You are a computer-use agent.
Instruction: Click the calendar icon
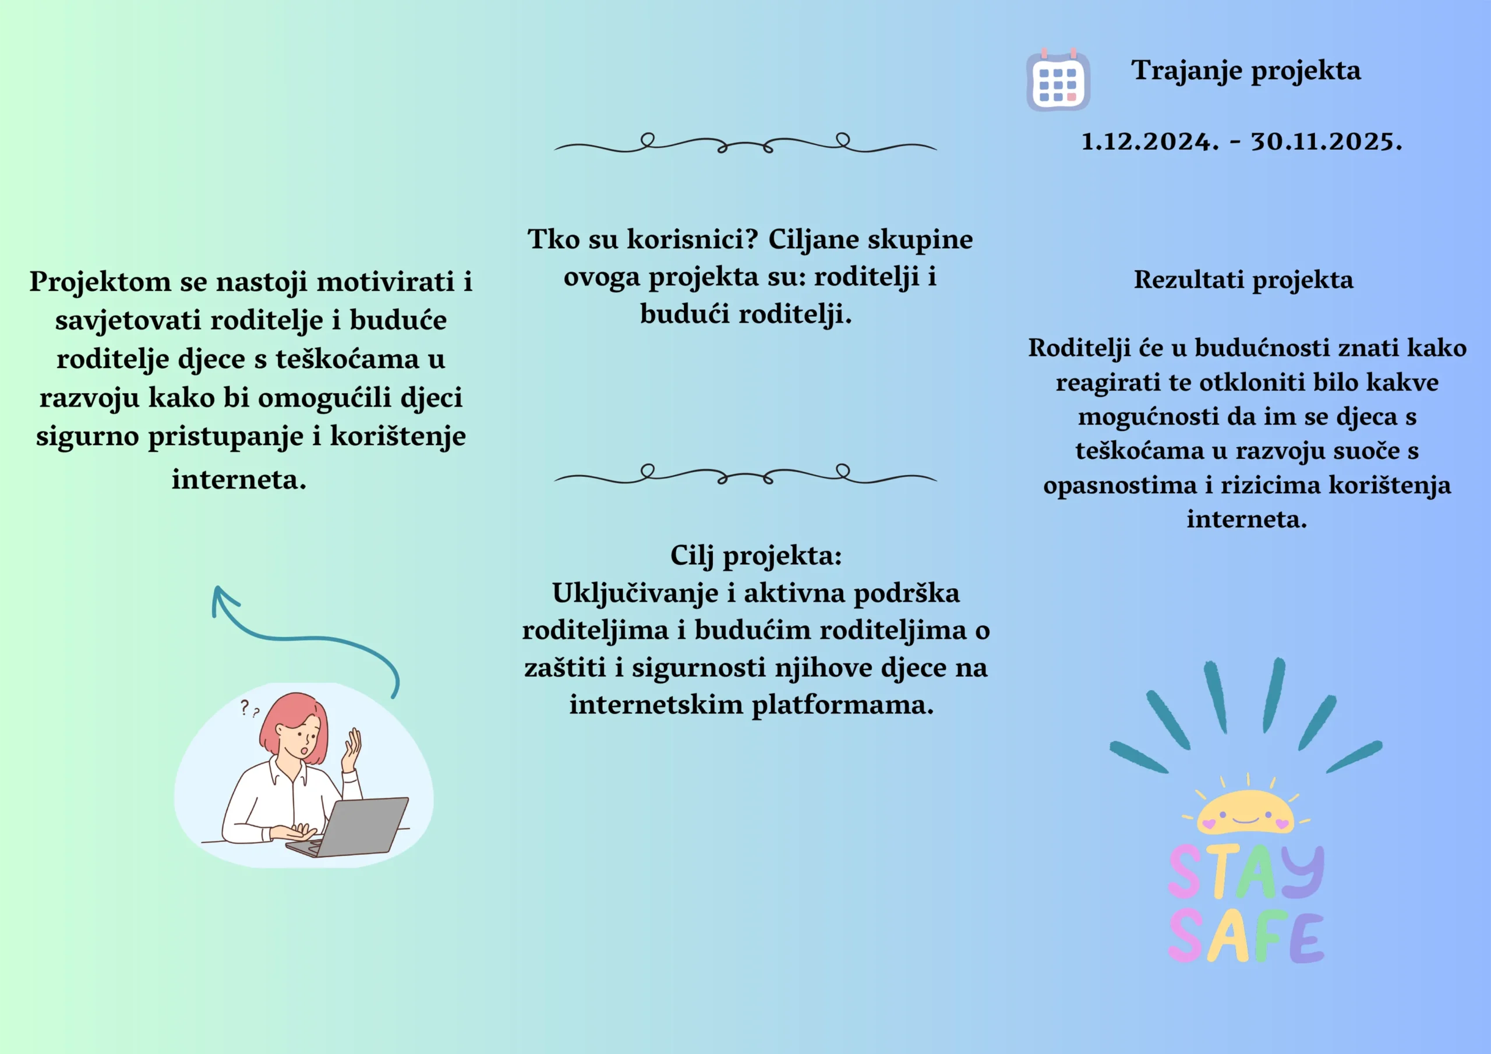[x=1058, y=80]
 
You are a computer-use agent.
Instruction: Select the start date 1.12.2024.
[x=1150, y=142]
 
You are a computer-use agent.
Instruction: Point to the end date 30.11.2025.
[x=1327, y=142]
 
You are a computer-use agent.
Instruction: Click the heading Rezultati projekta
[x=1243, y=281]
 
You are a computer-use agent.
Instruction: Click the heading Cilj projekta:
[x=756, y=557]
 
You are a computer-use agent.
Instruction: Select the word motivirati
[x=385, y=282]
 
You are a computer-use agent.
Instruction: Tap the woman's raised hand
[x=351, y=749]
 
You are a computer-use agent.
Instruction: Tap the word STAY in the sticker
[x=1246, y=872]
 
